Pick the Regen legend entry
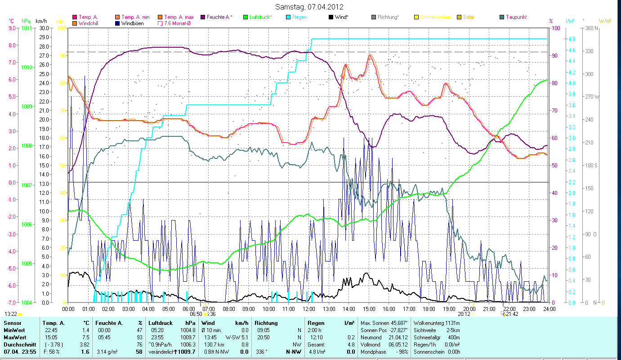[x=299, y=17]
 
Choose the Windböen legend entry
[x=133, y=23]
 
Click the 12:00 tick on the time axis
[x=308, y=309]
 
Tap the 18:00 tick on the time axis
[x=429, y=309]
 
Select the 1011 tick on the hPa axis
[x=27, y=28]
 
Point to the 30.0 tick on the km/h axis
[x=45, y=28]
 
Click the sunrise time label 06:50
[x=196, y=314]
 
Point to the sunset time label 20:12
[x=464, y=314]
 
